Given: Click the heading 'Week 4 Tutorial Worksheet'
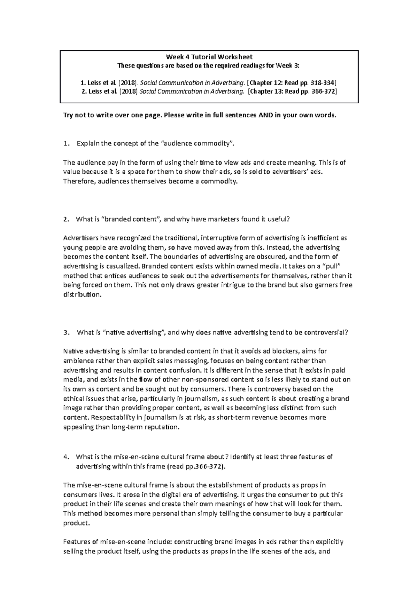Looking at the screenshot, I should click(x=209, y=57).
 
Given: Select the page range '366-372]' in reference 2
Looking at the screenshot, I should click(x=325, y=92).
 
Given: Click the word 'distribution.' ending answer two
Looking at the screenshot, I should click(x=83, y=295).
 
